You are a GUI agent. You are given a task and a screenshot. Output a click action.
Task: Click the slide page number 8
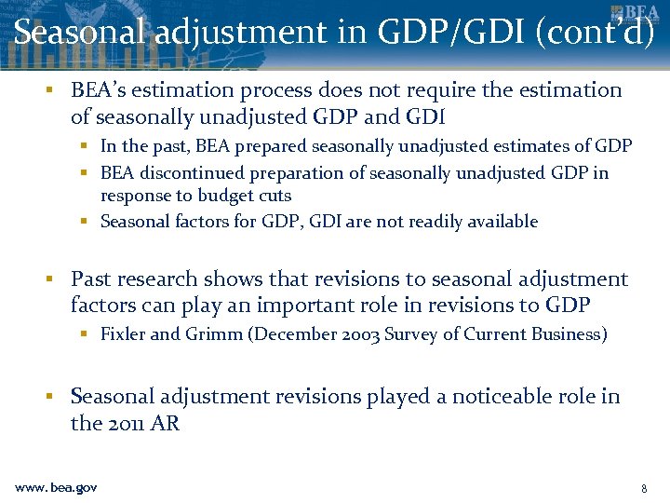(644, 488)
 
